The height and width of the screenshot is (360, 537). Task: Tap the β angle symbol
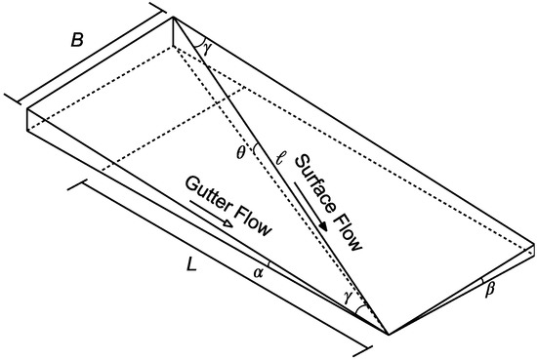(x=491, y=289)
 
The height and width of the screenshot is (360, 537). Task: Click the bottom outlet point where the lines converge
(x=388, y=334)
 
